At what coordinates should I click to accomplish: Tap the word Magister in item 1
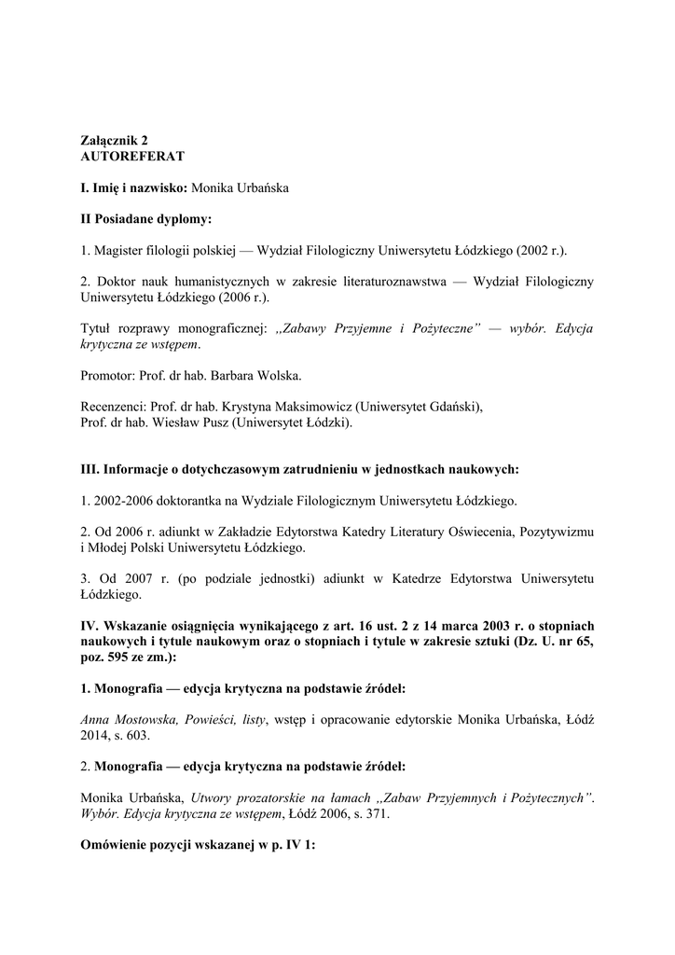[x=117, y=251]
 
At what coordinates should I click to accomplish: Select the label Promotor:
[x=111, y=376]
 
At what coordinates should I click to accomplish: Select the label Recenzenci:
[x=116, y=407]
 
